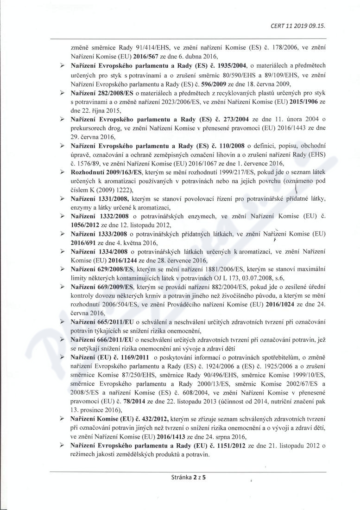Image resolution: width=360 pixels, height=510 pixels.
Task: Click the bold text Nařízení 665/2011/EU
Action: [102, 321]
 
